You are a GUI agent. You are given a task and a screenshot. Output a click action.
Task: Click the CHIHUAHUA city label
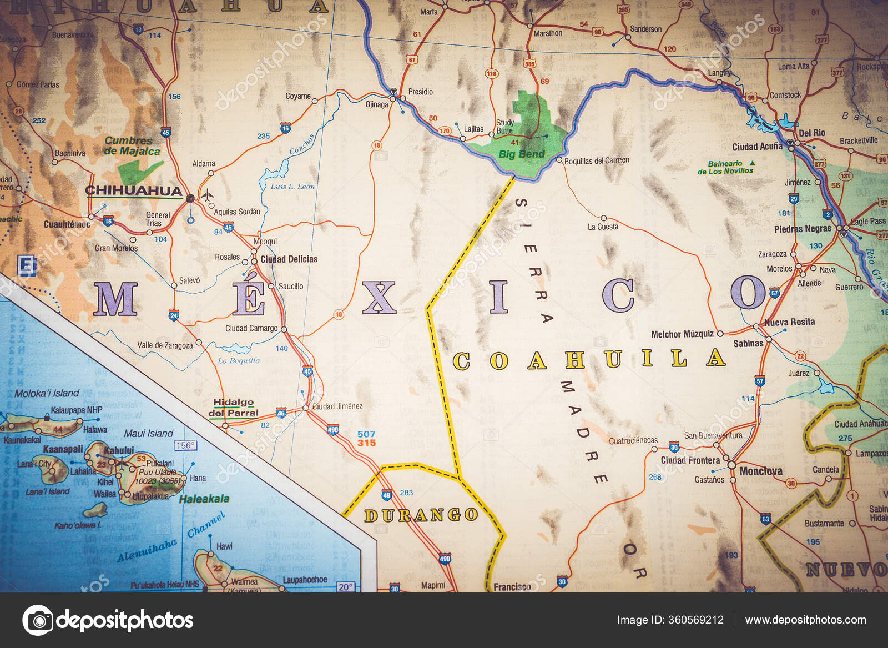[x=133, y=190]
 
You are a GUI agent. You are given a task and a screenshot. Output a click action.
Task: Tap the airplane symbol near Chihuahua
[x=207, y=195]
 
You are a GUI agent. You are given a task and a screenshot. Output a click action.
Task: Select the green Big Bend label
[x=521, y=154]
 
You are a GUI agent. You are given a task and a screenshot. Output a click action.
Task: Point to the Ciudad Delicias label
[x=289, y=259]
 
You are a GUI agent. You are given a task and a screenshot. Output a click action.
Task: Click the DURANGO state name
[x=421, y=515]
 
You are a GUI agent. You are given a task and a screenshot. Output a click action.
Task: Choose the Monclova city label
[x=760, y=471]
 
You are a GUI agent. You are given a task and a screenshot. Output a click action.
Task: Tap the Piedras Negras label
[x=803, y=229]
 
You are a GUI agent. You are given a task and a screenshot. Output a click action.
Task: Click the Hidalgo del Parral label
[x=234, y=408]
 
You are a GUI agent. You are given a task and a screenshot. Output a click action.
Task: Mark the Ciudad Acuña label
[x=757, y=147]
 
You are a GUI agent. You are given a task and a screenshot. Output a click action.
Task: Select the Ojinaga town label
[x=377, y=104]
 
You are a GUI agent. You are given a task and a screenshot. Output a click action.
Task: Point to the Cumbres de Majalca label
[x=132, y=146]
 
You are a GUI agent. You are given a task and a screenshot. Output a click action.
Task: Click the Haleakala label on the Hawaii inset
[x=204, y=499]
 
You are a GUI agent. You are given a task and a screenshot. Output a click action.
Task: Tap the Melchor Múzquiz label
[x=682, y=334]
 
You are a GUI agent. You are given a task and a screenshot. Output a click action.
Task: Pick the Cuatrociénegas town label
[x=633, y=441]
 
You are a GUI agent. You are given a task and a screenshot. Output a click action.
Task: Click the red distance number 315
[x=366, y=443]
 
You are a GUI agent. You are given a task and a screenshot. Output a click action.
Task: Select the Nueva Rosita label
[x=789, y=322]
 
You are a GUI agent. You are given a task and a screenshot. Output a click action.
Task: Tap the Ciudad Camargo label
[x=251, y=329]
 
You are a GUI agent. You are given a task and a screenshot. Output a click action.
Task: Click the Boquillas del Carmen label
[x=597, y=161]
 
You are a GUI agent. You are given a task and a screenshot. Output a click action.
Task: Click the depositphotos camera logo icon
[x=38, y=620]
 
